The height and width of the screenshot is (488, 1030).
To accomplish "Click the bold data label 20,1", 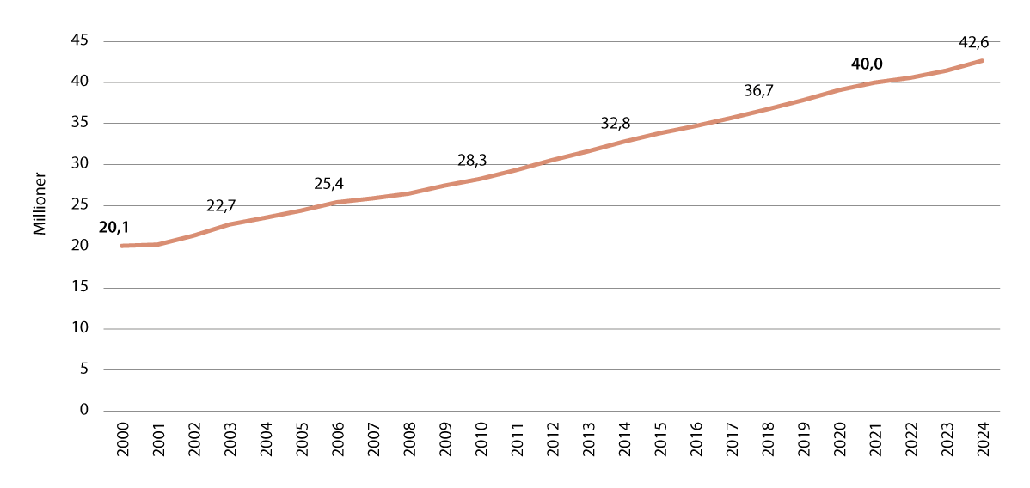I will click(x=114, y=227).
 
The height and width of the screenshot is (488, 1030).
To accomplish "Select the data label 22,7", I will click(x=222, y=206).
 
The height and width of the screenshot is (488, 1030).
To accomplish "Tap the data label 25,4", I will click(x=328, y=183).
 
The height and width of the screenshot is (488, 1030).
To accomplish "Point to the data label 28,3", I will click(x=472, y=160).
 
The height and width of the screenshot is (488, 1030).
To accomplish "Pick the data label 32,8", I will click(x=616, y=124).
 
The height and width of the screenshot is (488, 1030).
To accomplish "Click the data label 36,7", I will click(x=758, y=90).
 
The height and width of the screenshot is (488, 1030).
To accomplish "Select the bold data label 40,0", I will click(x=867, y=64).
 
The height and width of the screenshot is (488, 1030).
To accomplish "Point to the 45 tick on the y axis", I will click(x=83, y=41).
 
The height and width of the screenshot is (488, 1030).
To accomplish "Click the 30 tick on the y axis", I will click(x=83, y=164).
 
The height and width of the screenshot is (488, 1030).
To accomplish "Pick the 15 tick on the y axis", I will click(x=83, y=287).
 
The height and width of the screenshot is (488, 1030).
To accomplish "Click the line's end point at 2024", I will click(x=981, y=61).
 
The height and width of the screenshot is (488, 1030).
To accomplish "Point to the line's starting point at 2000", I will click(x=121, y=246).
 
